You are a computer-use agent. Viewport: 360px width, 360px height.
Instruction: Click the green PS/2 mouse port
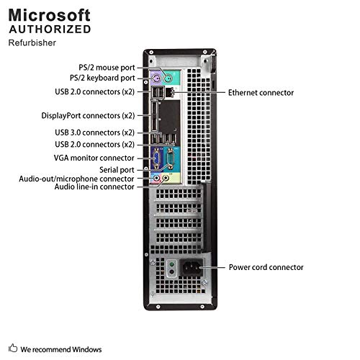pyautogui.click(x=168, y=78)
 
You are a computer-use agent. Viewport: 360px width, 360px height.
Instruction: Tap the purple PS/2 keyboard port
pyautogui.click(x=156, y=78)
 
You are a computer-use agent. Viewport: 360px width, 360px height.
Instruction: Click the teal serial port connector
pyautogui.click(x=170, y=158)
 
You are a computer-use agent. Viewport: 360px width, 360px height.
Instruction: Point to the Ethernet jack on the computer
pyautogui.click(x=170, y=92)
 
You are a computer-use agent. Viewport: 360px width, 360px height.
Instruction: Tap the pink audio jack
pyautogui.click(x=156, y=179)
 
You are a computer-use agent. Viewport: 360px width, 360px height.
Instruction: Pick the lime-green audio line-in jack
pyautogui.click(x=166, y=179)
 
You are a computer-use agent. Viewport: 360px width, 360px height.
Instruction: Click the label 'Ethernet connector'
pyautogui.click(x=261, y=93)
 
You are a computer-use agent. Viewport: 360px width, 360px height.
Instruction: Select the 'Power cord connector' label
pyautogui.click(x=266, y=267)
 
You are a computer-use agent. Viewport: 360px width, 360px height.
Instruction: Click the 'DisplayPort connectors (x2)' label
pyautogui.click(x=88, y=116)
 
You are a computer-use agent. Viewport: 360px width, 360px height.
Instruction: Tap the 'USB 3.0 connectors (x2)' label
pyautogui.click(x=95, y=132)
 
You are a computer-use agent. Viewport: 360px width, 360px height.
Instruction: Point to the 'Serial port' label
pyautogui.click(x=117, y=170)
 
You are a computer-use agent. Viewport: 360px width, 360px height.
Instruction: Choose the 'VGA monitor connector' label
pyautogui.click(x=94, y=158)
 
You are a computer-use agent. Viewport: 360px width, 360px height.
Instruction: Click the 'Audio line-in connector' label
pyautogui.click(x=94, y=186)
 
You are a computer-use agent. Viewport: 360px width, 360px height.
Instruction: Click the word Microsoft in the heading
pyautogui.click(x=50, y=15)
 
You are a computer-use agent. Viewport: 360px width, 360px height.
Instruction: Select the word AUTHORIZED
pyautogui.click(x=50, y=30)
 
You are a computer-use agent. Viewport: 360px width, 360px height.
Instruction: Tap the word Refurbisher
pyautogui.click(x=32, y=42)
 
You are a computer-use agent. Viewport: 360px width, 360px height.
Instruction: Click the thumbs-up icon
pyautogui.click(x=13, y=348)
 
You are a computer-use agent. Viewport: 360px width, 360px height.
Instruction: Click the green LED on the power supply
pyautogui.click(x=171, y=265)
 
